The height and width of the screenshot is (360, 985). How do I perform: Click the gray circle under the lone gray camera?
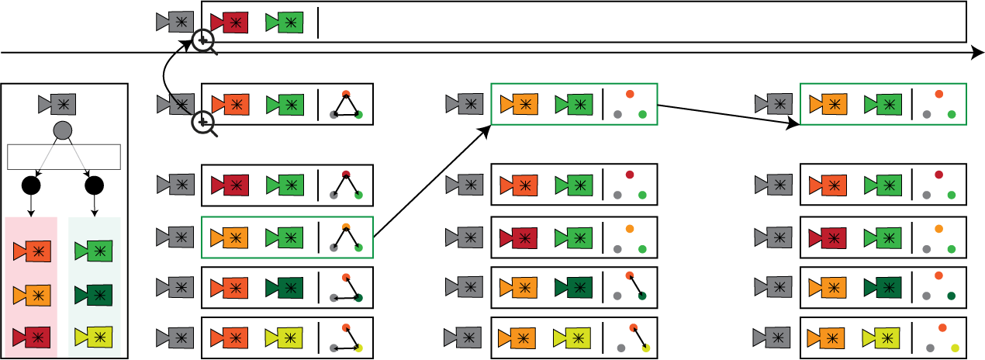pos(63,130)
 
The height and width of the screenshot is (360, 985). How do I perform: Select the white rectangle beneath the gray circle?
pos(64,157)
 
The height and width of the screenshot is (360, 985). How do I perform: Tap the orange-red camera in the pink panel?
pos(33,251)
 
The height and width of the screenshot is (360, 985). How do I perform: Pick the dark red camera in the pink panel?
pos(33,337)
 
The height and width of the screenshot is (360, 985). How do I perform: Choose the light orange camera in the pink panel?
pos(33,295)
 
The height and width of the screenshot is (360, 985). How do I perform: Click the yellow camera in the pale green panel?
pos(95,337)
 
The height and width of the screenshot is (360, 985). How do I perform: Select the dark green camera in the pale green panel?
pos(95,295)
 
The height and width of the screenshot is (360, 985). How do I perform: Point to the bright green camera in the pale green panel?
pos(95,251)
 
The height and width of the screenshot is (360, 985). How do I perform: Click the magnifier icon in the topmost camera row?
pos(204,41)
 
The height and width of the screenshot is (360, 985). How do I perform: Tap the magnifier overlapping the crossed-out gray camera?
pos(204,123)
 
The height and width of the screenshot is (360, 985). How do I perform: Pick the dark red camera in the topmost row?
pos(230,22)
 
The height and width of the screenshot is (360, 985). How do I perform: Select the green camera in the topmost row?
pos(285,22)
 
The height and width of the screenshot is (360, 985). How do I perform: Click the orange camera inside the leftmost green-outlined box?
pos(230,237)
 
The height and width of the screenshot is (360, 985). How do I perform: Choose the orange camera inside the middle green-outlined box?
pos(520,104)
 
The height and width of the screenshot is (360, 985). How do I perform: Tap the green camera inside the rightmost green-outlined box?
pos(884,104)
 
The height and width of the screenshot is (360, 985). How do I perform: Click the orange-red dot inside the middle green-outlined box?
pos(630,94)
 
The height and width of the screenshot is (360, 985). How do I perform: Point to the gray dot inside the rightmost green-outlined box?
pos(926,114)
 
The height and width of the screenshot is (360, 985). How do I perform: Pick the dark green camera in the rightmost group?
pos(883,287)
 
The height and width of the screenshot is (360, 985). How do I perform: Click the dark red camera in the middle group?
pos(520,238)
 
